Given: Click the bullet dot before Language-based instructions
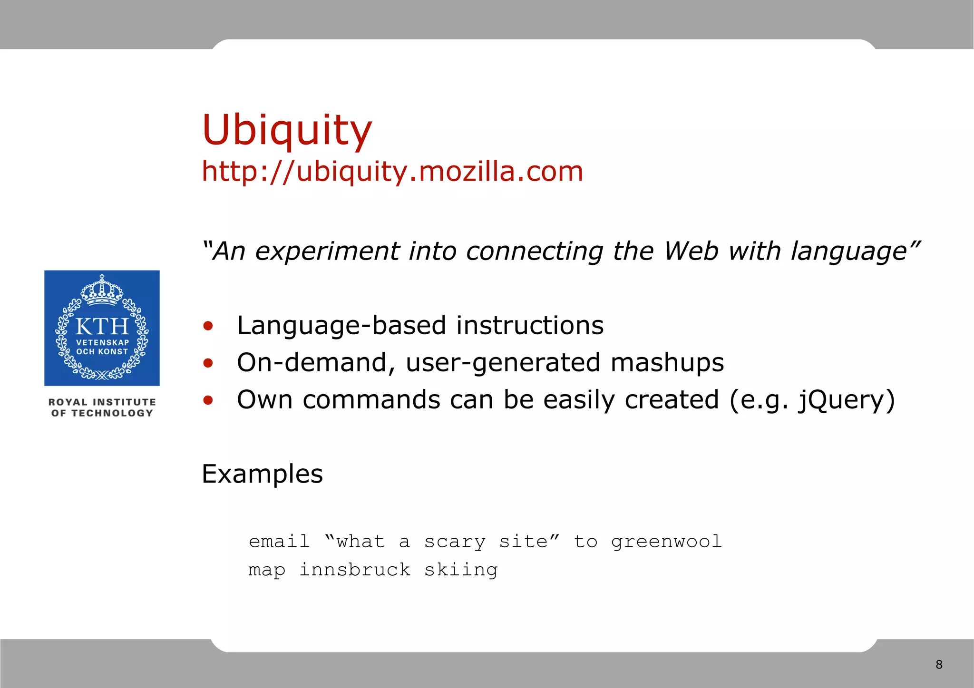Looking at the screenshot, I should [x=208, y=326].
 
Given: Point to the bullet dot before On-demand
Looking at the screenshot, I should [x=208, y=363].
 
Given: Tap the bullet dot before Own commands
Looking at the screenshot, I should [x=208, y=400].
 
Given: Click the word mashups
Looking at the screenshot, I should [x=667, y=362].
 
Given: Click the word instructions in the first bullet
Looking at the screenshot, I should [x=530, y=325].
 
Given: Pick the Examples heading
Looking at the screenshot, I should [x=262, y=474].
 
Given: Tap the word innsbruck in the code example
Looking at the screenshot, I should [x=354, y=569].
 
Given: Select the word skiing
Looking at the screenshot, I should [x=460, y=569].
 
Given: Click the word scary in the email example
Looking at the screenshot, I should [x=455, y=542].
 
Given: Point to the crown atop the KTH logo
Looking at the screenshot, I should [x=102, y=290].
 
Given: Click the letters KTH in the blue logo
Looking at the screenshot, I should [x=102, y=327].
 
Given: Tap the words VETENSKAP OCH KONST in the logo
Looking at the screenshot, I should [x=102, y=347].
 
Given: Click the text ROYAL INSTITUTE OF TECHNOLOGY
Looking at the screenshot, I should [x=102, y=407].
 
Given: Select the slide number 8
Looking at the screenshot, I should [x=939, y=664].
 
